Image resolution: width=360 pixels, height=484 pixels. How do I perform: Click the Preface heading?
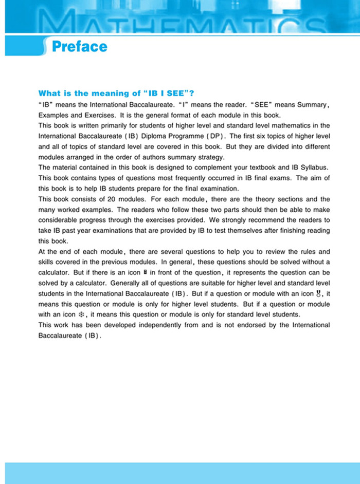click(80, 47)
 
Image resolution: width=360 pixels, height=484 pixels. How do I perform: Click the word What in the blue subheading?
click(50, 94)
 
